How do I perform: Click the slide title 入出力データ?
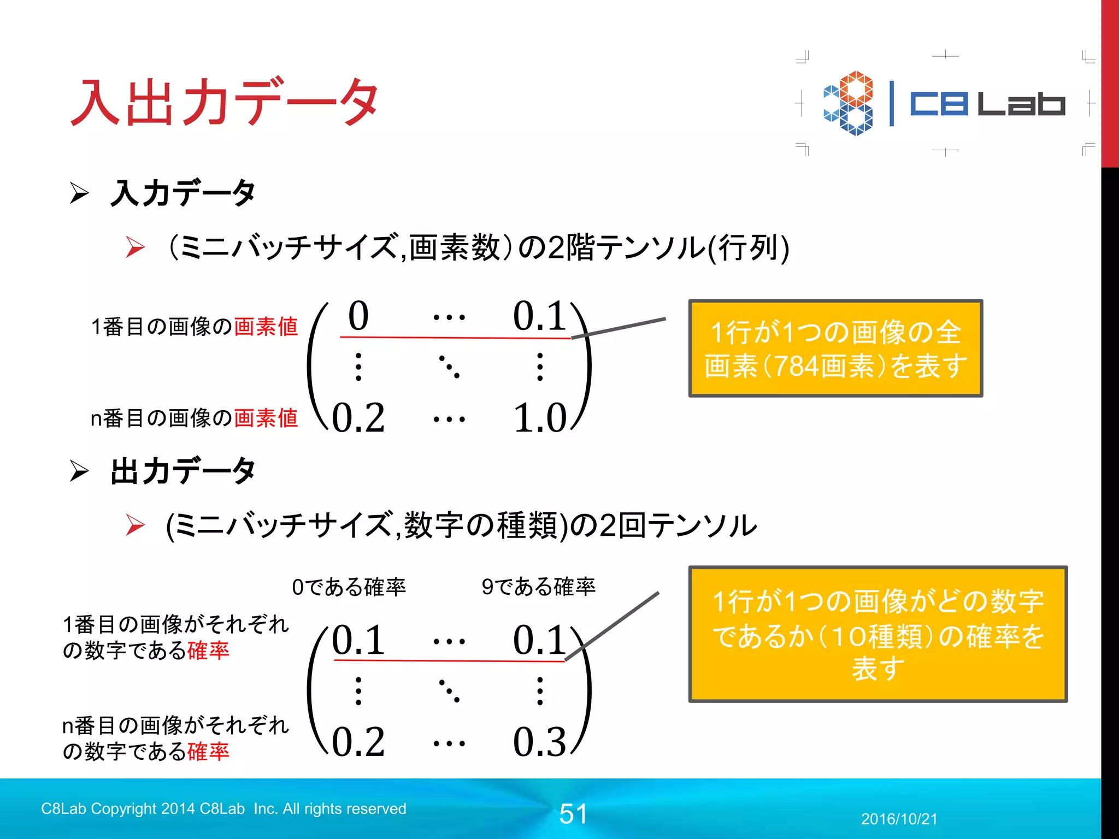(x=224, y=102)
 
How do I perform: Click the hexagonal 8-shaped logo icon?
(x=848, y=103)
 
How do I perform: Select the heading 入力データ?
(x=182, y=193)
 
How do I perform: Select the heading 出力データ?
(x=182, y=471)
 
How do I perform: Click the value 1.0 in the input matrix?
(x=540, y=418)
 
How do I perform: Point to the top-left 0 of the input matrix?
(x=358, y=316)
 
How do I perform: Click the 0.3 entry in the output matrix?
(x=540, y=742)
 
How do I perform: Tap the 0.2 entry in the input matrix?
(x=358, y=418)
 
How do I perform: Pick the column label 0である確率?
(x=349, y=587)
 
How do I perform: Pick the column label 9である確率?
(x=538, y=587)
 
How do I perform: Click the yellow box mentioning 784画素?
(x=835, y=348)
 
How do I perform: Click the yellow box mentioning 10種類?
(x=877, y=634)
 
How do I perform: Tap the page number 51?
(x=573, y=814)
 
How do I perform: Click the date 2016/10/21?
(x=899, y=819)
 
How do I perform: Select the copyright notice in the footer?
(x=223, y=808)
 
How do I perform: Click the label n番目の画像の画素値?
(x=194, y=418)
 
